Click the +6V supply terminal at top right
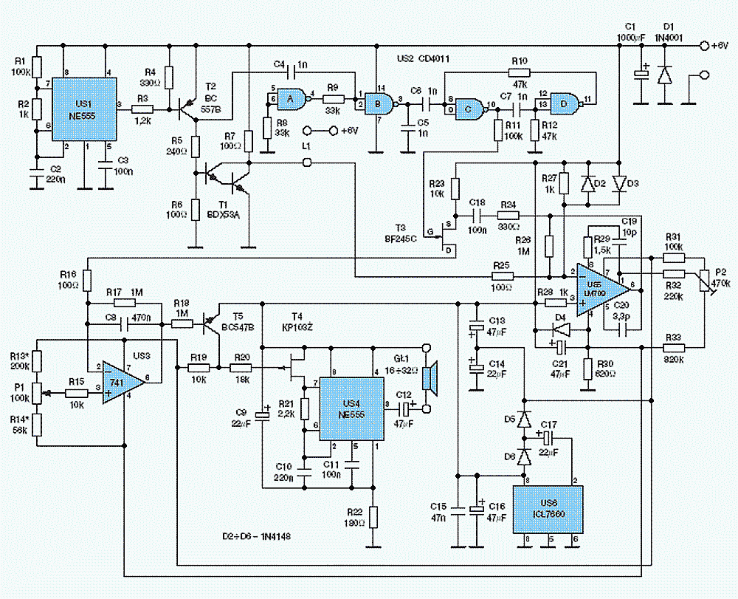click(705, 46)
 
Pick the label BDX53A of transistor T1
click(224, 214)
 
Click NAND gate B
click(379, 104)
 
